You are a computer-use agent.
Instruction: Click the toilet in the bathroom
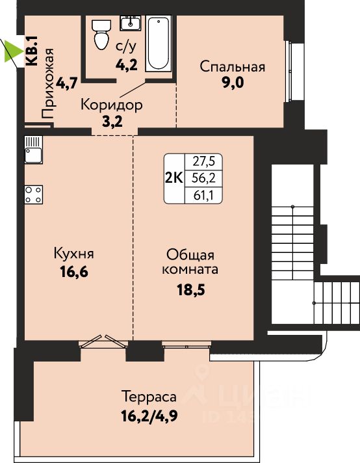tap(100, 34)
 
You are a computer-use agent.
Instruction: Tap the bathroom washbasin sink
tap(130, 23)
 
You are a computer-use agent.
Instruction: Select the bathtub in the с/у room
tap(159, 44)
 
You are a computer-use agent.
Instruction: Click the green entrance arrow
tap(14, 51)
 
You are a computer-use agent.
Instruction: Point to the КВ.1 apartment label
tap(32, 51)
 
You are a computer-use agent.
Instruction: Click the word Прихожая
tap(47, 84)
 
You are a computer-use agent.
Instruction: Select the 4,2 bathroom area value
tap(126, 65)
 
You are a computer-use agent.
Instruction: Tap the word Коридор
tap(112, 105)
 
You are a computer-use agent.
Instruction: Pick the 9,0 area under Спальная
tap(233, 83)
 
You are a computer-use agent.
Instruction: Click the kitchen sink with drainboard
tap(33, 150)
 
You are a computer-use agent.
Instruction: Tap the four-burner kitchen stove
tap(33, 194)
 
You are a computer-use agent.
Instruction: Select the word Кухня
tap(74, 254)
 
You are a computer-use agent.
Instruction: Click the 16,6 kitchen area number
tap(74, 272)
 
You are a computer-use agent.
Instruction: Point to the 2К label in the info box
tap(174, 178)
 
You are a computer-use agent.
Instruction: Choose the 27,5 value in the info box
tap(203, 161)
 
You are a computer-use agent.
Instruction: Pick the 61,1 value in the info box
tap(203, 195)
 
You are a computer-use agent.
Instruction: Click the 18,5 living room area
tap(190, 289)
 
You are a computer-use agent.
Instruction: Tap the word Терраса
tap(149, 396)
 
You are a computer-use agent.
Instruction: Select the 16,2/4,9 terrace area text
tap(149, 416)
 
